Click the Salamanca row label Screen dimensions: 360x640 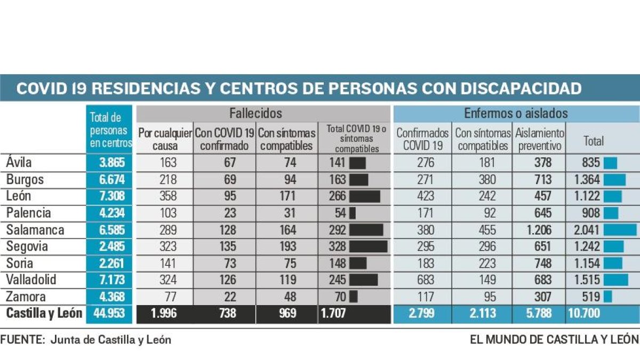point(35,230)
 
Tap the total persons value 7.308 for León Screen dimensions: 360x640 point(112,196)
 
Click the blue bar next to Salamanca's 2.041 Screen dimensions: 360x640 point(620,230)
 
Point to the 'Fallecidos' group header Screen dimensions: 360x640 point(255,114)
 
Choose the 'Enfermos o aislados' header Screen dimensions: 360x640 point(516,114)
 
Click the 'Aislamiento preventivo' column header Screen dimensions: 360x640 point(539,139)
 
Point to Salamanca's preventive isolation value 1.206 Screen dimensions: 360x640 point(542,230)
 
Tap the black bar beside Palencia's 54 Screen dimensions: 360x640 point(353,213)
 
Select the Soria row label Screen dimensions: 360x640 point(20,263)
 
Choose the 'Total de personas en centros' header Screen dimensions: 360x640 point(110,130)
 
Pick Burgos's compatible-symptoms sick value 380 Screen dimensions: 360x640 point(484,180)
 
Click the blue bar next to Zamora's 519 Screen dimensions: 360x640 point(607,297)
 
